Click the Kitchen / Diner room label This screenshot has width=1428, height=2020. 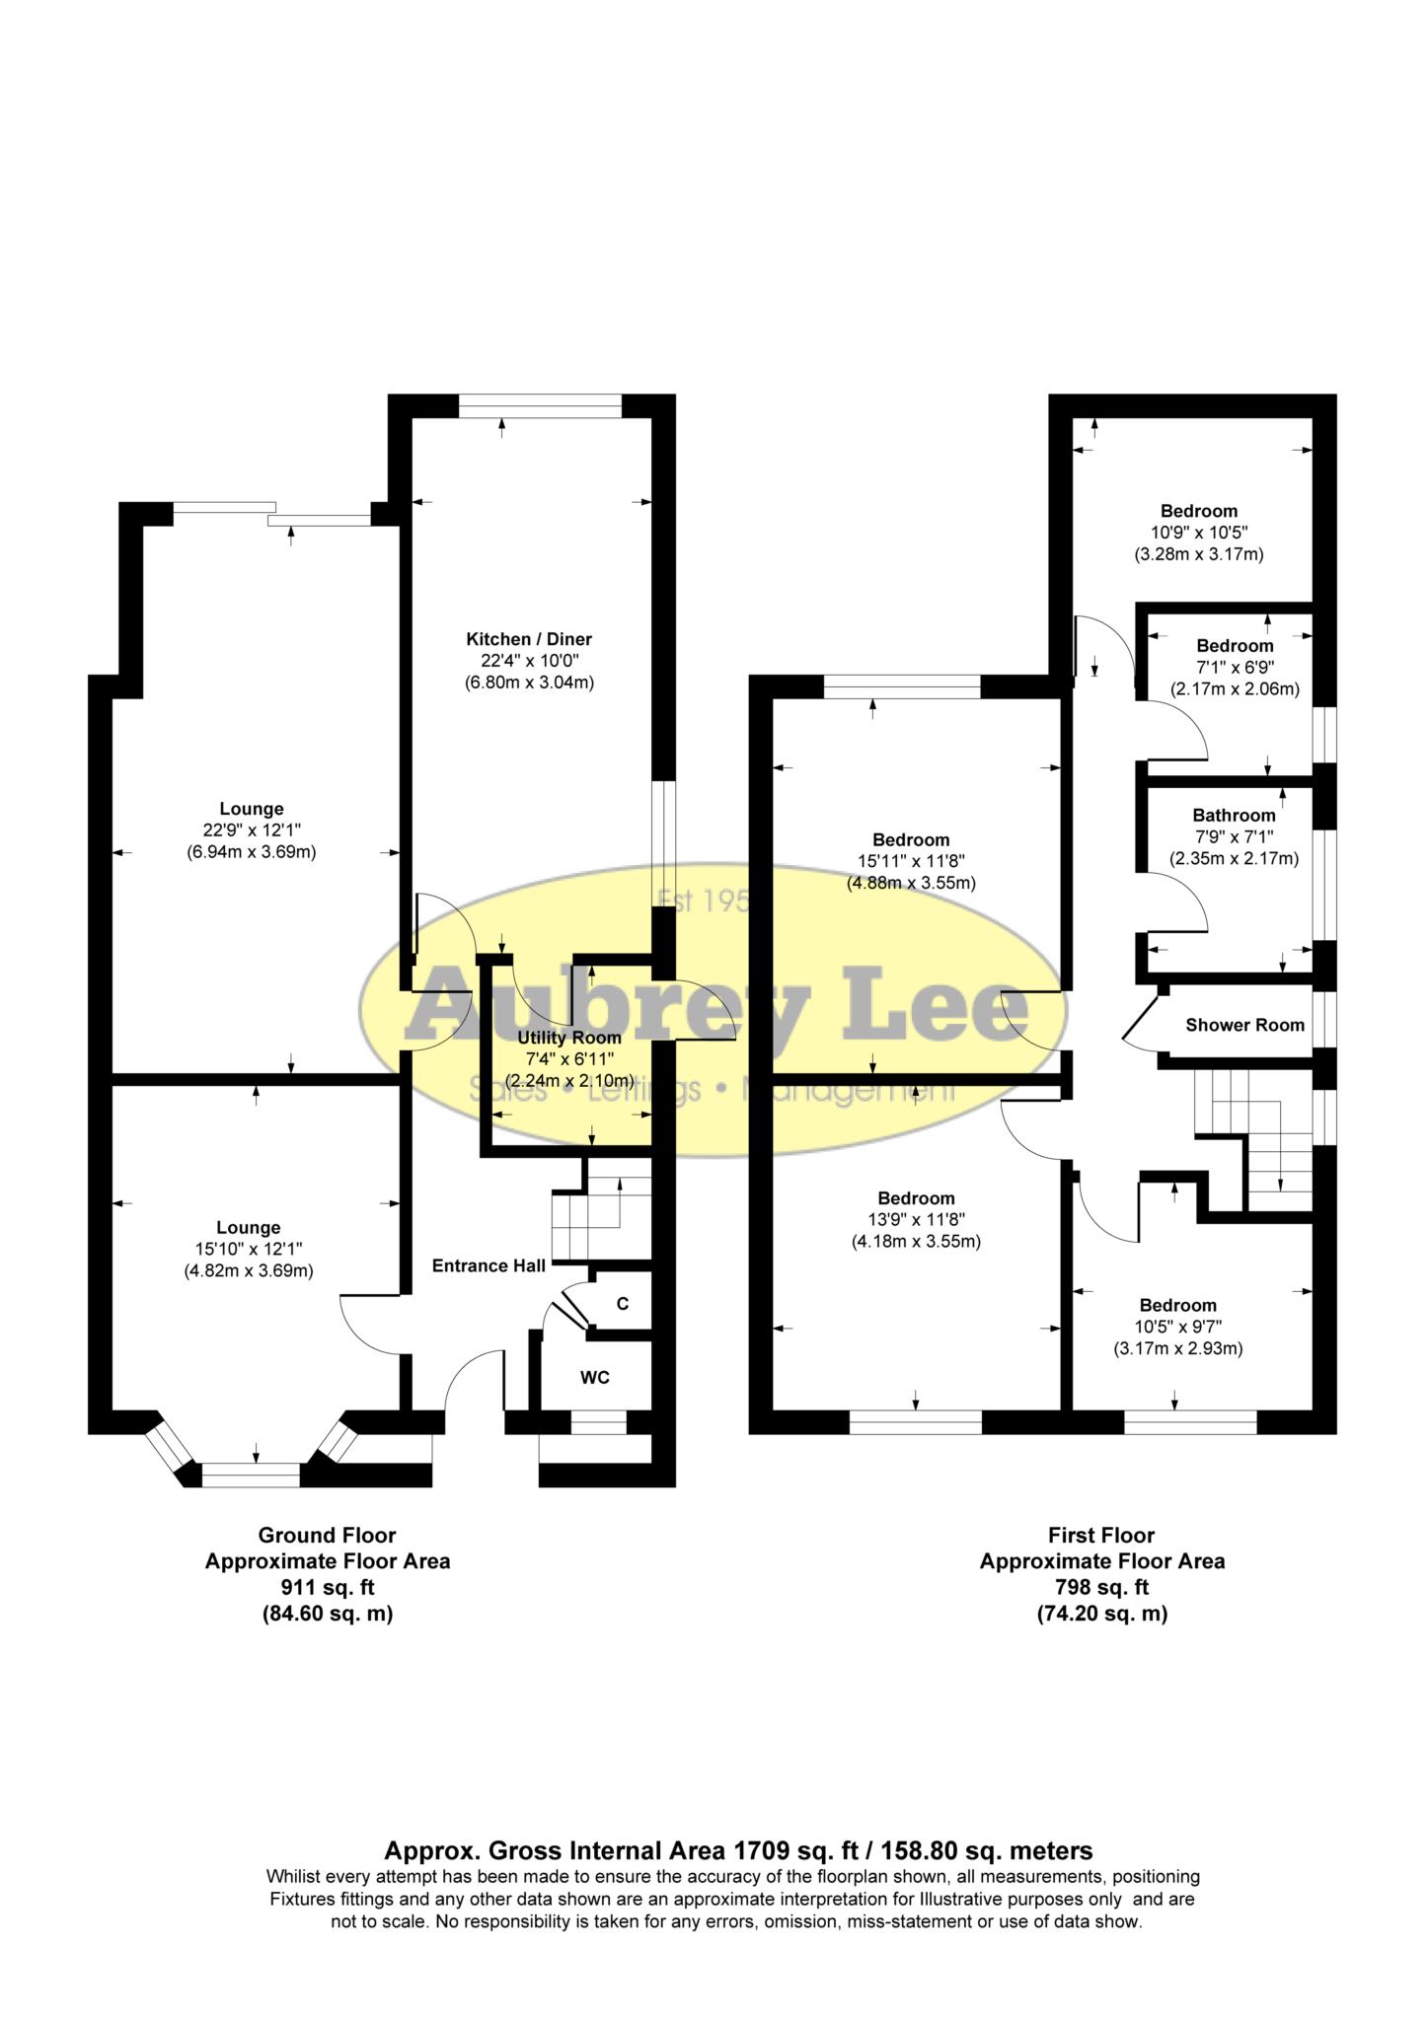point(529,639)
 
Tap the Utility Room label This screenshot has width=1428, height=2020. point(569,1038)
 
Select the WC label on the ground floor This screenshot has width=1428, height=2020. point(594,1378)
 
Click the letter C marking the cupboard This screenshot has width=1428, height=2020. point(623,1304)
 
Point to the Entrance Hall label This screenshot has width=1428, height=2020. point(489,1265)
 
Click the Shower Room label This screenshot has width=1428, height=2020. point(1244,1025)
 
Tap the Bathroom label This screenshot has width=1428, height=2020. point(1234,816)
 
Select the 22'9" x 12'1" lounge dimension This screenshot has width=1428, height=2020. point(251,830)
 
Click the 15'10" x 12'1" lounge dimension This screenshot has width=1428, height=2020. point(249,1250)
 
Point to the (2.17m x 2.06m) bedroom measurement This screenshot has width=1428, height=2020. point(1235,689)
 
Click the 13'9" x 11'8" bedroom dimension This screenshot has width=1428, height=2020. point(916,1220)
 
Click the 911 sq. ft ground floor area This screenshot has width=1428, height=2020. point(327,1588)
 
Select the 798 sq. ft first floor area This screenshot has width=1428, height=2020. point(1101,1588)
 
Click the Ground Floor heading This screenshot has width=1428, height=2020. point(327,1536)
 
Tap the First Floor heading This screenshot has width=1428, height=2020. point(1101,1536)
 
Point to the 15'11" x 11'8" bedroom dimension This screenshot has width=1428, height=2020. point(911,861)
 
